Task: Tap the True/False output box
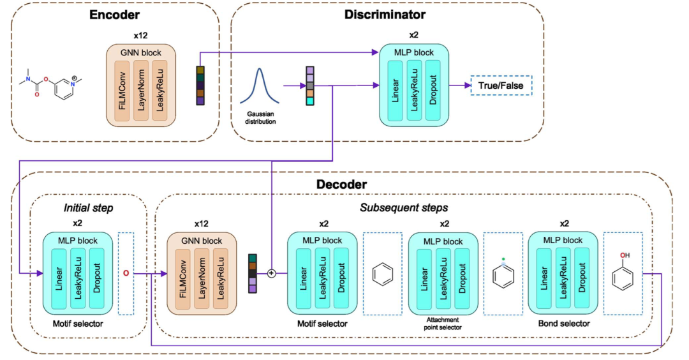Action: [x=501, y=86]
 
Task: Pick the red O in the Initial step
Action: [x=126, y=274]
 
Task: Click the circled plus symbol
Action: [x=271, y=274]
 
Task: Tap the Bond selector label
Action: [x=564, y=324]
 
